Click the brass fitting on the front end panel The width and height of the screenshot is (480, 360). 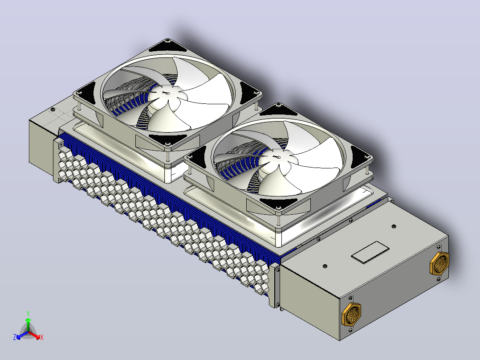pyautogui.click(x=351, y=314)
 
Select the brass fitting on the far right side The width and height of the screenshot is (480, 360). pyautogui.click(x=439, y=263)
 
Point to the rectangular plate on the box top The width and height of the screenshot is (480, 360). pyautogui.click(x=370, y=252)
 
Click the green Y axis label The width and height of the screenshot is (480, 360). pyautogui.click(x=28, y=313)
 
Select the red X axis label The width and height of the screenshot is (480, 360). pyautogui.click(x=42, y=337)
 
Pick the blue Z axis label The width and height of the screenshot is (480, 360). pyautogui.click(x=14, y=337)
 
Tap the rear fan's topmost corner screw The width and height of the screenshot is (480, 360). pyautogui.click(x=167, y=40)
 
